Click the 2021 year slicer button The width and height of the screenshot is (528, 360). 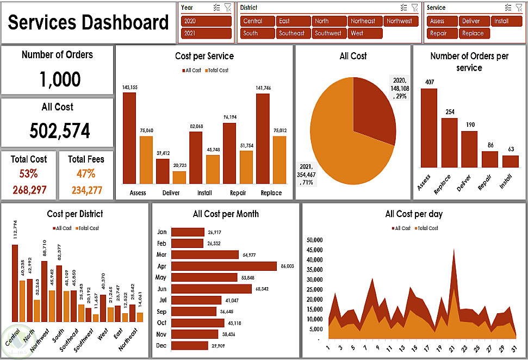tap(206, 33)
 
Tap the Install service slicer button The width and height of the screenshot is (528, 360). tap(507, 21)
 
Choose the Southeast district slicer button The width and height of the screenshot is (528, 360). tap(292, 33)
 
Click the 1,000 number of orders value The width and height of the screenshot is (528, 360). tap(60, 80)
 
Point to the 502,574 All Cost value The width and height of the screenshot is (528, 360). tap(60, 131)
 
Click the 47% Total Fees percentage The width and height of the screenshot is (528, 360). tap(86, 174)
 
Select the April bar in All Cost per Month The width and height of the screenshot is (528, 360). tap(224, 266)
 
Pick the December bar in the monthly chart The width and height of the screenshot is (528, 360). tap(189, 345)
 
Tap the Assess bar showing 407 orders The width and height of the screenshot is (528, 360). tap(428, 128)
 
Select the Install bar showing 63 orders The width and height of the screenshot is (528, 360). tap(510, 162)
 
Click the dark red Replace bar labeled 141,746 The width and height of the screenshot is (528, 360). tap(263, 139)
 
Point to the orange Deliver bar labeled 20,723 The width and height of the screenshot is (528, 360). tap(179, 177)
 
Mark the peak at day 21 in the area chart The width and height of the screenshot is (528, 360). tap(454, 251)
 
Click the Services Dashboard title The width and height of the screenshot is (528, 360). tap(88, 23)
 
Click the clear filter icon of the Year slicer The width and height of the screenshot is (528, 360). tap(228, 8)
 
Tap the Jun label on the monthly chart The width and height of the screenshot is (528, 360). tap(161, 289)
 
